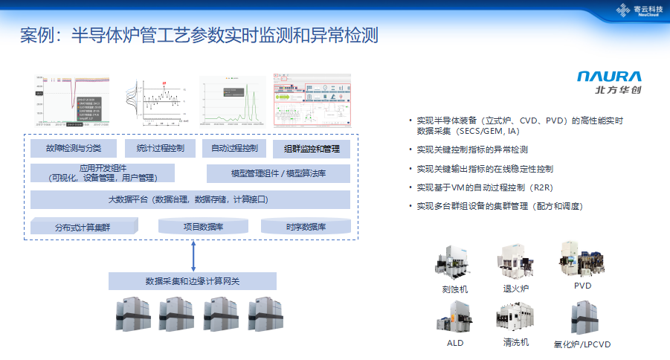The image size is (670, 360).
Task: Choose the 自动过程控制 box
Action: (234, 148)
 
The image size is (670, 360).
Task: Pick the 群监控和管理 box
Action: (312, 149)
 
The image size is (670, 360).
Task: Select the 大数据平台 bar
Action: (190, 200)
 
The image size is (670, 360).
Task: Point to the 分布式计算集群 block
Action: (83, 227)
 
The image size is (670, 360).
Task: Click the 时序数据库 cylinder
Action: (305, 226)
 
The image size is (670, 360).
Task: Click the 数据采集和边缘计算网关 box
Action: (192, 281)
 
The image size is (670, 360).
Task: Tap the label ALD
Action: (455, 344)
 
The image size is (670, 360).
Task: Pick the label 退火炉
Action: (515, 288)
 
